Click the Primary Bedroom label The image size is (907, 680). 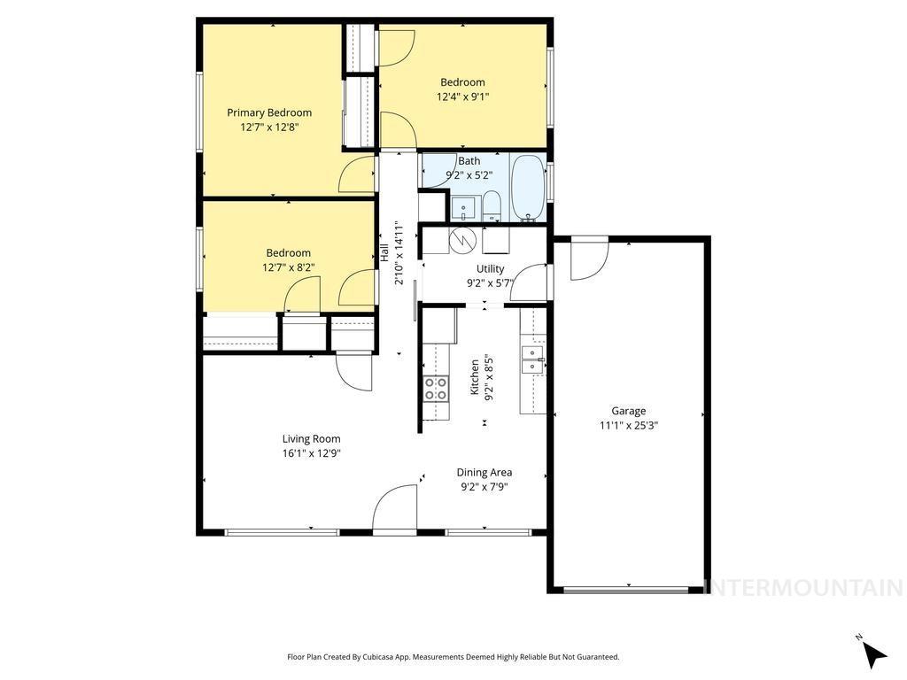click(269, 112)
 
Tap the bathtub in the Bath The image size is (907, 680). click(528, 187)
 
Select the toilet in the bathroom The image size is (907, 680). click(492, 209)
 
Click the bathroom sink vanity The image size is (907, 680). click(463, 209)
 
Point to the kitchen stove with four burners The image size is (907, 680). click(435, 389)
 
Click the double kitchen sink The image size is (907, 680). click(532, 359)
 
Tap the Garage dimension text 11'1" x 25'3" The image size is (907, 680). click(628, 425)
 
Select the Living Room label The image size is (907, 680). click(311, 438)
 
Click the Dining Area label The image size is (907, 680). click(484, 472)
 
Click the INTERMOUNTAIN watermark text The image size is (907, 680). click(804, 588)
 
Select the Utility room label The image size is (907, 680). click(490, 269)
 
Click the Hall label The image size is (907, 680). click(385, 251)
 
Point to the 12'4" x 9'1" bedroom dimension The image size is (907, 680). click(462, 97)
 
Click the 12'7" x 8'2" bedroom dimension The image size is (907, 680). click(288, 267)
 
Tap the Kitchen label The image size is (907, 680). click(475, 376)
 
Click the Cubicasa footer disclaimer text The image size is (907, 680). click(453, 657)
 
